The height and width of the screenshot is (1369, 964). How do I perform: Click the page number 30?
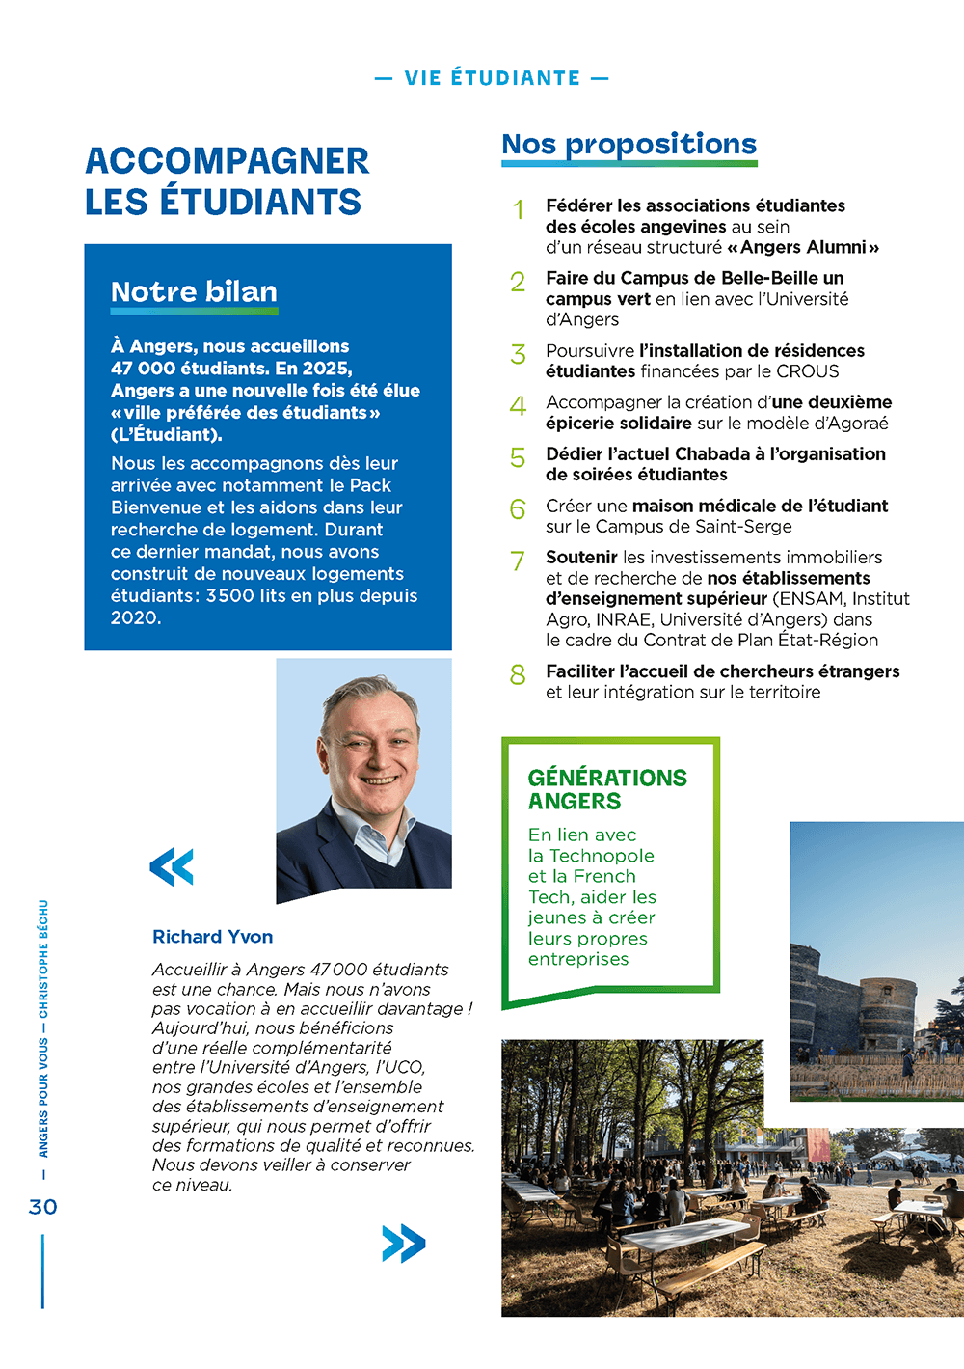click(43, 1207)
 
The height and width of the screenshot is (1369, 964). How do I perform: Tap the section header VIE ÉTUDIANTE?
click(492, 78)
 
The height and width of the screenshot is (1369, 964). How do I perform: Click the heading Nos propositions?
click(629, 145)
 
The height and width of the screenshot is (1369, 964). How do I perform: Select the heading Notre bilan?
click(194, 292)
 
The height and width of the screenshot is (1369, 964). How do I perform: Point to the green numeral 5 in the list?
click(518, 457)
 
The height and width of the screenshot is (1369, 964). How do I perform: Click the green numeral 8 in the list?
click(518, 675)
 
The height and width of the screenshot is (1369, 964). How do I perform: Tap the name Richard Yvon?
click(212, 937)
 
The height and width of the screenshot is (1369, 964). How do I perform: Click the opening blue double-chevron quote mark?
click(172, 866)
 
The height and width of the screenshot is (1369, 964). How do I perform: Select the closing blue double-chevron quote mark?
click(403, 1244)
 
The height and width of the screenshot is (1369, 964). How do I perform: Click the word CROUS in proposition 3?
click(808, 371)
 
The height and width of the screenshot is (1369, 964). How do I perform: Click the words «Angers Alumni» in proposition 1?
click(803, 248)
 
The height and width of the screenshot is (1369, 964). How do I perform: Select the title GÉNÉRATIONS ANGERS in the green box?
click(607, 789)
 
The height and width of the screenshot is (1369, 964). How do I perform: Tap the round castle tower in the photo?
click(887, 1013)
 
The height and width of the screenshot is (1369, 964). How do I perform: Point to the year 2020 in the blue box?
click(134, 618)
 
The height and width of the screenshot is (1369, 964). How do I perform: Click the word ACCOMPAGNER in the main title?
click(227, 161)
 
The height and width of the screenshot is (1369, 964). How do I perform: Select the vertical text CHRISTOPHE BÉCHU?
click(43, 960)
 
